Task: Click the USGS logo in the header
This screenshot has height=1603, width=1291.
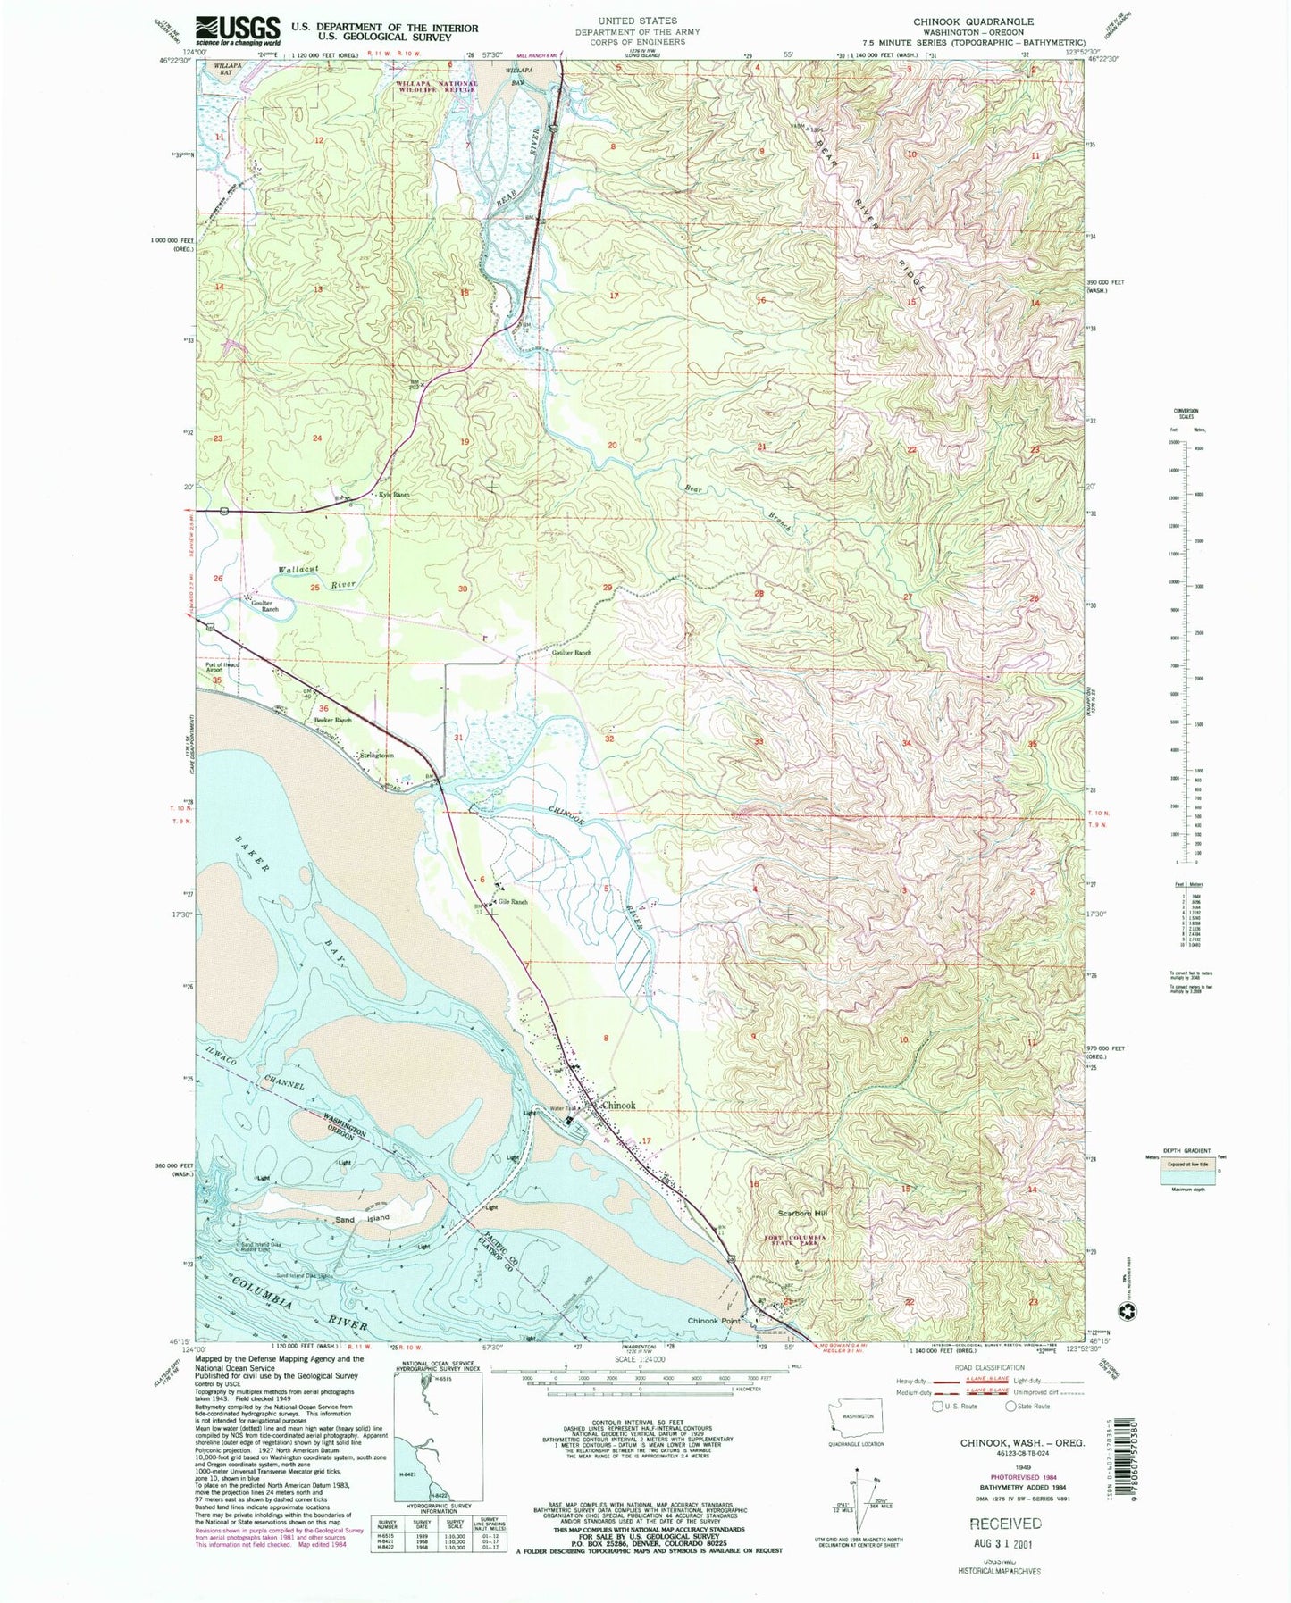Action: (x=238, y=31)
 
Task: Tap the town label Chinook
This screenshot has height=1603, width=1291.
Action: (x=619, y=1106)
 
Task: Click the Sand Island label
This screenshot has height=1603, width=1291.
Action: (x=363, y=1219)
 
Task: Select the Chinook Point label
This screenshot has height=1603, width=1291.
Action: (x=716, y=1321)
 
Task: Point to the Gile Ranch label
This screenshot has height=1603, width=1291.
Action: (x=513, y=902)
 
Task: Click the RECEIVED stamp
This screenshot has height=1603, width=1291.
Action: (x=1005, y=1524)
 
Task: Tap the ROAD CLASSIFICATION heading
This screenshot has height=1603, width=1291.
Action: (x=989, y=1367)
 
